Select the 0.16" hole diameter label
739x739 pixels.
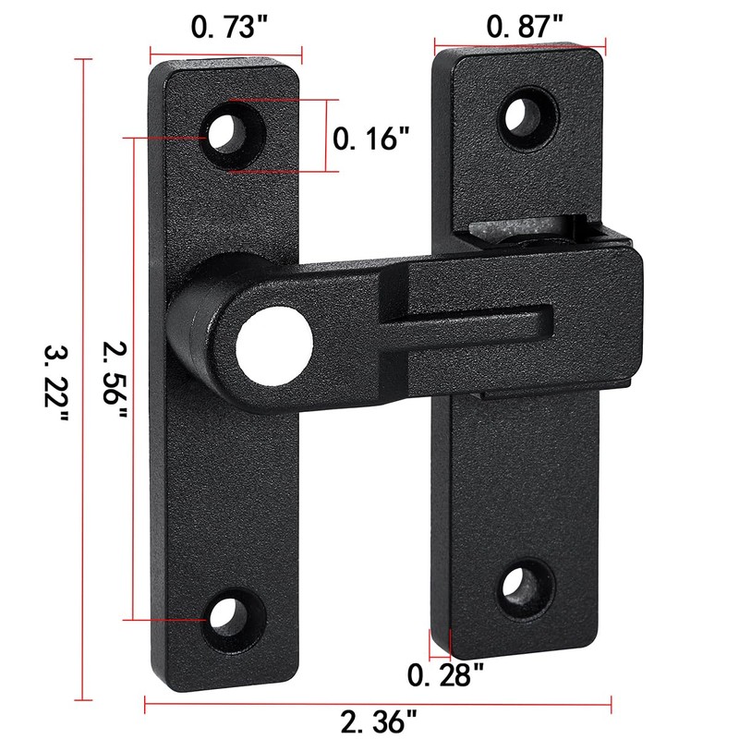(x=370, y=139)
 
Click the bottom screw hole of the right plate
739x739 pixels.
(x=520, y=586)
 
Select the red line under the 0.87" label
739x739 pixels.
(x=520, y=42)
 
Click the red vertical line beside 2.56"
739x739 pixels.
(x=137, y=379)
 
